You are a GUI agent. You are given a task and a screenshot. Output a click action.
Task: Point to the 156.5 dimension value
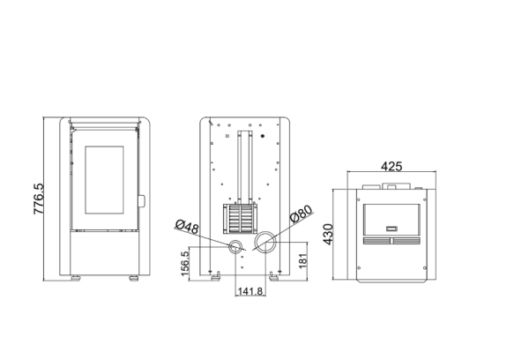(185, 264)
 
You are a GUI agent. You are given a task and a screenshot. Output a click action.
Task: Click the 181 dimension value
(302, 262)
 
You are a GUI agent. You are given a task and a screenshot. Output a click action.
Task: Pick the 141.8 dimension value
(249, 291)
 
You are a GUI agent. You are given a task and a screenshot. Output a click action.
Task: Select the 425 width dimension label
(393, 167)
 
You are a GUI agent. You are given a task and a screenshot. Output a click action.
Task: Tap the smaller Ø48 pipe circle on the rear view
(236, 244)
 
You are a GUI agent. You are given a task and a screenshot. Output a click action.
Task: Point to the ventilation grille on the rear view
(238, 217)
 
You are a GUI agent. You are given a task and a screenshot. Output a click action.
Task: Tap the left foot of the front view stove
(77, 280)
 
